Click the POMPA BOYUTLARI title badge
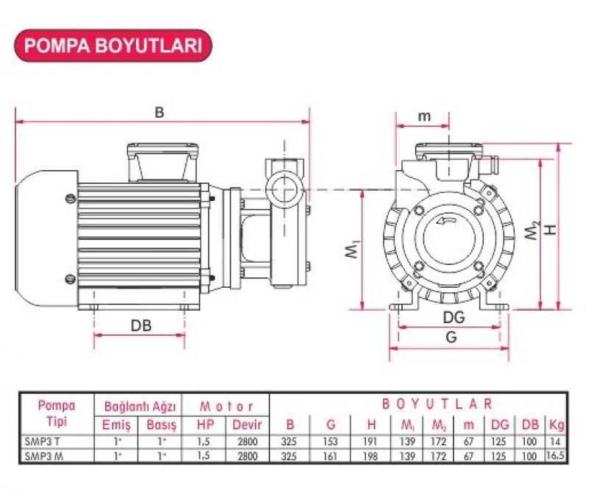pos(114,45)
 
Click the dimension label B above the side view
pos(159,113)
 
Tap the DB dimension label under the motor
pos(141,325)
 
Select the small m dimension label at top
pos(424,116)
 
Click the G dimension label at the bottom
pos(451,337)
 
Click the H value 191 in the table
pos(370,442)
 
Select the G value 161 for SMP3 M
pos(330,456)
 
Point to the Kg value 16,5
pos(556,456)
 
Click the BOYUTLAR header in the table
pos(437,404)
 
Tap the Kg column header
pos(556,425)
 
